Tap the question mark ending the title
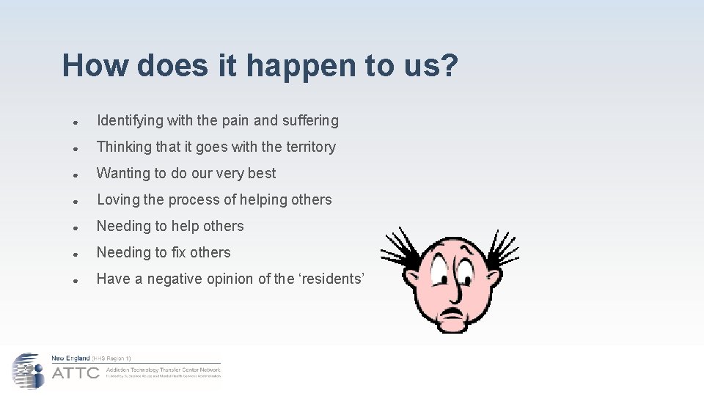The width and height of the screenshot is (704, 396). (447, 65)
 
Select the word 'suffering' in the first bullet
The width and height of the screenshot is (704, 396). (311, 121)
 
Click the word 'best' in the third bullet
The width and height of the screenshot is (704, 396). (262, 174)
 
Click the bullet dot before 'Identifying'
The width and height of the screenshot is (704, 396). (76, 122)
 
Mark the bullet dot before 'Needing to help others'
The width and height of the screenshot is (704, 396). (76, 227)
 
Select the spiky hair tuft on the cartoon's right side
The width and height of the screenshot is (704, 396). (502, 245)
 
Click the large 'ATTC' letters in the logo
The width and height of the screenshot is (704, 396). (76, 373)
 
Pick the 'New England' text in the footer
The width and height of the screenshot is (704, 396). (70, 358)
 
